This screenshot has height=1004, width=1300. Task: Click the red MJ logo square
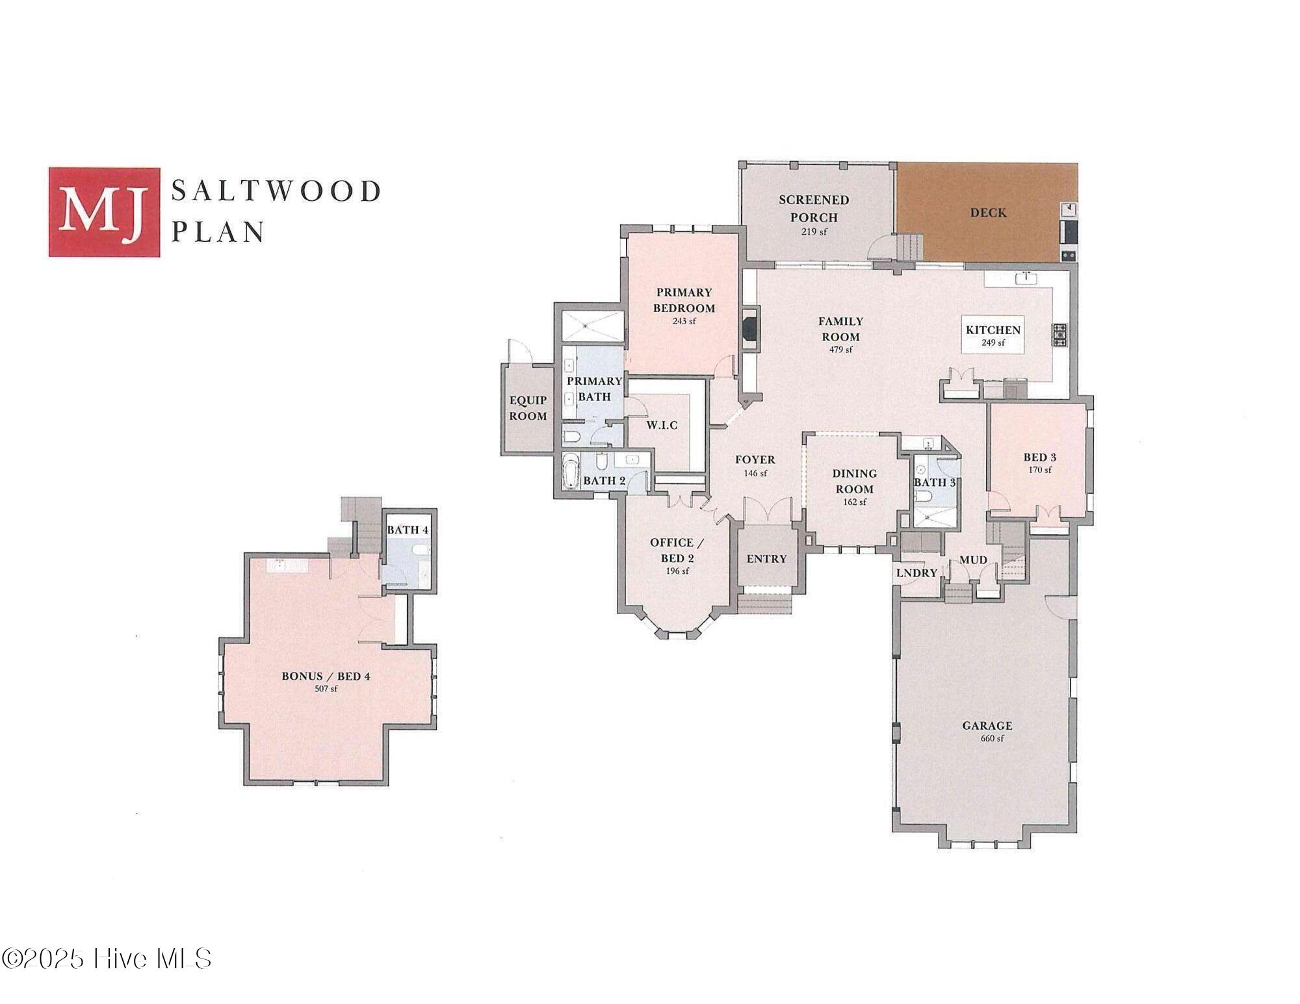pyautogui.click(x=104, y=212)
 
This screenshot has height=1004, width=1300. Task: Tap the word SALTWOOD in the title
pyautogui.click(x=276, y=192)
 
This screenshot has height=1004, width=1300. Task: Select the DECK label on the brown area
pyautogui.click(x=988, y=212)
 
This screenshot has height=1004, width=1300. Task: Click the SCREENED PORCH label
pyautogui.click(x=814, y=208)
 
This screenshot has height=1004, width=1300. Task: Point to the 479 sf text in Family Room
pyautogui.click(x=840, y=350)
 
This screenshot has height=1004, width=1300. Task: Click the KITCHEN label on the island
pyautogui.click(x=993, y=330)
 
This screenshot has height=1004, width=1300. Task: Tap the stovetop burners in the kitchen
pyautogui.click(x=1060, y=335)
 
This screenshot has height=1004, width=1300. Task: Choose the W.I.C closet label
pyautogui.click(x=662, y=425)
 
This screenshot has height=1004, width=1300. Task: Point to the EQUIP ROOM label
pyautogui.click(x=528, y=407)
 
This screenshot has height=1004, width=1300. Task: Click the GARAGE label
pyautogui.click(x=987, y=726)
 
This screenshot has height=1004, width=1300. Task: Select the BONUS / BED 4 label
pyautogui.click(x=326, y=676)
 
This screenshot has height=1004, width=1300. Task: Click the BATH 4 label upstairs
pyautogui.click(x=408, y=530)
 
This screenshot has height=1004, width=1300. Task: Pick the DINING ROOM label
pyautogui.click(x=855, y=481)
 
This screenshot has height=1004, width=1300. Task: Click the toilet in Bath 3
pyautogui.click(x=924, y=497)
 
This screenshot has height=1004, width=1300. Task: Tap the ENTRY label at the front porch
pyautogui.click(x=766, y=559)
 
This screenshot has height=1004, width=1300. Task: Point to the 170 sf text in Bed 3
pyautogui.click(x=1039, y=470)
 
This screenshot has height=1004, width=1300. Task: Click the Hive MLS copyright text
pyautogui.click(x=107, y=959)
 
